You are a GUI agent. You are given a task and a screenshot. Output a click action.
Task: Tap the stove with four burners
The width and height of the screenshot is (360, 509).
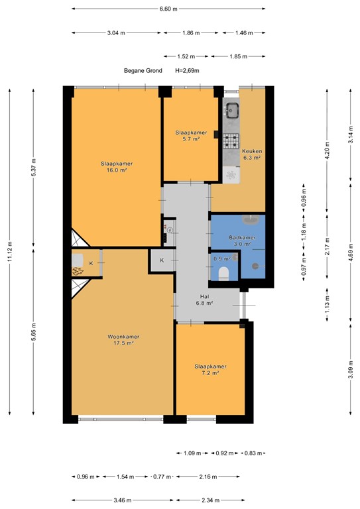coord(231,140)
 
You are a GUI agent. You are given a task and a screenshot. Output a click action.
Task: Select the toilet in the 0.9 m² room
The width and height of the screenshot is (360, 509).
coord(223,272)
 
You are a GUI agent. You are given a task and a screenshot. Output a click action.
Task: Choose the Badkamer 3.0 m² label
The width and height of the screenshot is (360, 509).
coord(239,241)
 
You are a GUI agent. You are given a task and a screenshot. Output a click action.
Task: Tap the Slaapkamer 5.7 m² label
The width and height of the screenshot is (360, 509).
coord(191,135)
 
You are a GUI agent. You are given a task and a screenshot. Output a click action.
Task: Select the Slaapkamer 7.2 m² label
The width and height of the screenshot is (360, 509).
coord(210,369)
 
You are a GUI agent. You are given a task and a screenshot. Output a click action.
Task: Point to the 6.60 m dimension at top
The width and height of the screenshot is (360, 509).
coord(168,9)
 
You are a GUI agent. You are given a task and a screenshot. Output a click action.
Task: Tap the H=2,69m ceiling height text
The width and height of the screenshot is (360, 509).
coord(187,70)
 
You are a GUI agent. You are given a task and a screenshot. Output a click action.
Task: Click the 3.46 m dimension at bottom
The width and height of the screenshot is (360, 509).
coord(121,500)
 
